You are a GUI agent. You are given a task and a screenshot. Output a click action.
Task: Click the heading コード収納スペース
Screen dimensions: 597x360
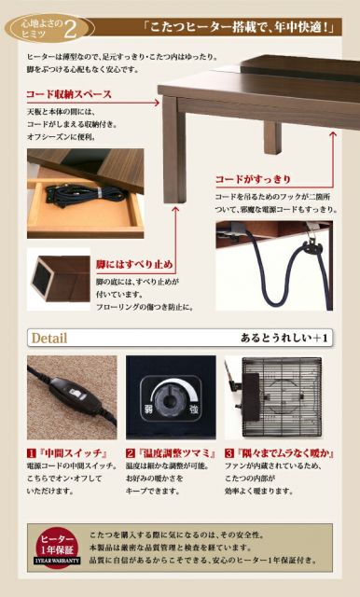[x=69, y=94]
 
